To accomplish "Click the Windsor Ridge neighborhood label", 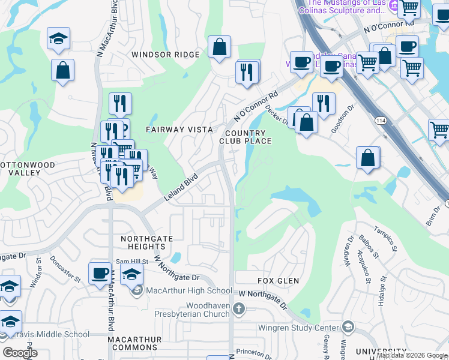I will pyautogui.click(x=165, y=55).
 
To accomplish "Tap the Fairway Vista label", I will pyautogui.click(x=179, y=130).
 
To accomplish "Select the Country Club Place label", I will pyautogui.click(x=246, y=137).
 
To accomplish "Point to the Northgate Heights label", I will pyautogui.click(x=146, y=242).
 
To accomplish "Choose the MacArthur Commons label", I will pyautogui.click(x=134, y=343).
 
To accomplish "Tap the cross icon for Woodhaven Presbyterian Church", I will pyautogui.click(x=240, y=309).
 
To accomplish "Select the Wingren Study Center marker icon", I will pyautogui.click(x=348, y=327).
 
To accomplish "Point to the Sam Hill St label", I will pyautogui.click(x=131, y=262).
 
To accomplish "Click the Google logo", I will pyautogui.click(x=20, y=353).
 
